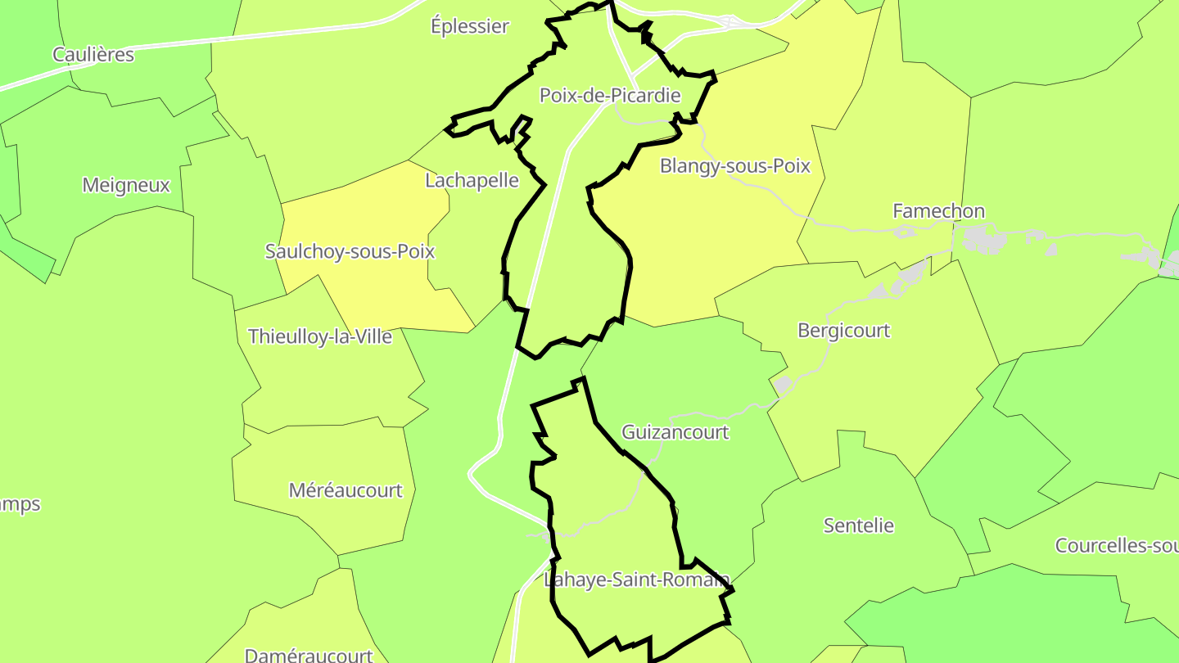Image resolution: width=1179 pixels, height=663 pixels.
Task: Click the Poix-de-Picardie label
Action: pyautogui.click(x=610, y=96)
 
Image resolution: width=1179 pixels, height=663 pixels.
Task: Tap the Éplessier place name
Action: pyautogui.click(x=470, y=26)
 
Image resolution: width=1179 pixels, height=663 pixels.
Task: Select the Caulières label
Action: pyautogui.click(x=93, y=55)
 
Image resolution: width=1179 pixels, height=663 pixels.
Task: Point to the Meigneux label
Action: pyautogui.click(x=126, y=185)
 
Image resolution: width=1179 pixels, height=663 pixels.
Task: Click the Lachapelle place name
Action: pyautogui.click(x=472, y=180)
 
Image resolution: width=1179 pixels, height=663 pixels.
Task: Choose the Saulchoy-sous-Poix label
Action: pyautogui.click(x=350, y=251)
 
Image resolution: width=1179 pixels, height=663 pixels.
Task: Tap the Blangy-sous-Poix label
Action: pyautogui.click(x=735, y=166)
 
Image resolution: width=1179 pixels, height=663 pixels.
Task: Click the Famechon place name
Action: pyautogui.click(x=938, y=211)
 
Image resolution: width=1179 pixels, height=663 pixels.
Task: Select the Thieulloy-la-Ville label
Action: pyautogui.click(x=320, y=336)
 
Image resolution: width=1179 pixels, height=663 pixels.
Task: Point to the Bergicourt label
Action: pyautogui.click(x=843, y=331)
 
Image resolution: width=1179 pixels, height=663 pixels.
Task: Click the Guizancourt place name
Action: pyautogui.click(x=675, y=432)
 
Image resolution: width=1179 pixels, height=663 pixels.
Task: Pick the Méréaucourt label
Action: pyautogui.click(x=346, y=490)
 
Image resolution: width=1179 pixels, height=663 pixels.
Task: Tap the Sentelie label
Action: pyautogui.click(x=859, y=525)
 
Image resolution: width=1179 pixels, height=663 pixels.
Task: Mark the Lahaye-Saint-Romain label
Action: pyautogui.click(x=636, y=580)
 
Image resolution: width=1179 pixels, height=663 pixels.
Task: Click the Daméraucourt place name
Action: pyautogui.click(x=309, y=655)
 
